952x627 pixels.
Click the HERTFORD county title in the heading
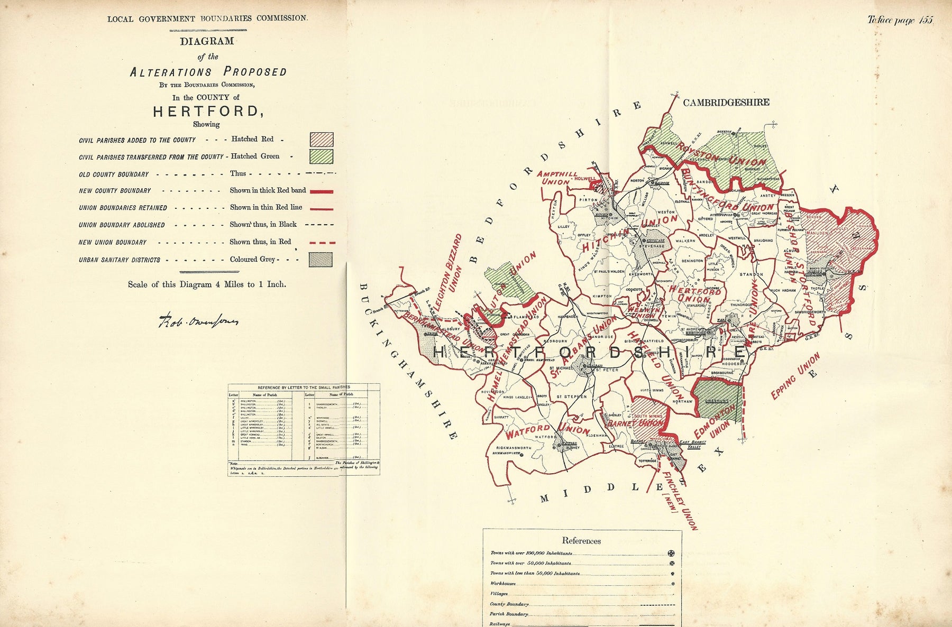click(207, 112)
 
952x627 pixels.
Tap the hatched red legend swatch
click(321, 140)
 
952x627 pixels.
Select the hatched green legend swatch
click(321, 156)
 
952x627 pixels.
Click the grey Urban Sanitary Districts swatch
click(321, 260)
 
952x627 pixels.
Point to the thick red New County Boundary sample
click(321, 191)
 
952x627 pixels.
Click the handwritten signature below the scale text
click(198, 320)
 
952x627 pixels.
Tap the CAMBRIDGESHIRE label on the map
click(726, 103)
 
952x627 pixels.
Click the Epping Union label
click(795, 376)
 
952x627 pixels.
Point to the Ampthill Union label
click(557, 178)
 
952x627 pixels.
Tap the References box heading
click(581, 540)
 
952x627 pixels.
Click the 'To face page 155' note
click(900, 20)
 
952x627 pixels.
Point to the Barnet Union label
click(635, 423)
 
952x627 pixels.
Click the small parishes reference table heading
click(304, 387)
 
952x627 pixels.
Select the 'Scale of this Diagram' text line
click(207, 284)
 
